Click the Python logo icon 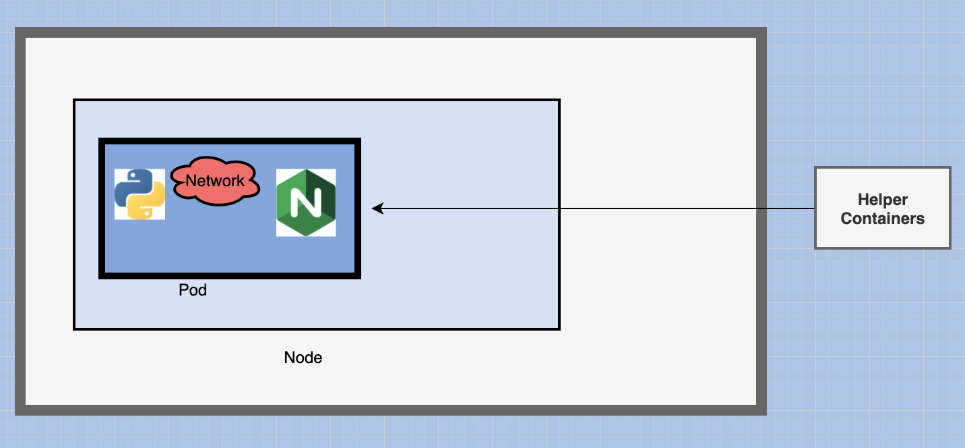[x=139, y=194]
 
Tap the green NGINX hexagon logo [x=306, y=202]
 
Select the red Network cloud [x=215, y=181]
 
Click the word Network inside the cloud [x=215, y=181]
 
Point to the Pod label [x=193, y=289]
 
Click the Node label [x=303, y=358]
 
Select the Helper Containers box [x=883, y=208]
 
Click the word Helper [x=883, y=200]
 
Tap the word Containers [x=883, y=218]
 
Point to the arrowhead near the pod [x=377, y=208]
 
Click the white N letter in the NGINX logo [x=306, y=202]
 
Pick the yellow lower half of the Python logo [x=146, y=202]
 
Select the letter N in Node [x=289, y=358]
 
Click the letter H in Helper [x=863, y=200]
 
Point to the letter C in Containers [x=847, y=218]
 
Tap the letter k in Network [x=241, y=181]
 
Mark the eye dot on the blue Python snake [x=133, y=175]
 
